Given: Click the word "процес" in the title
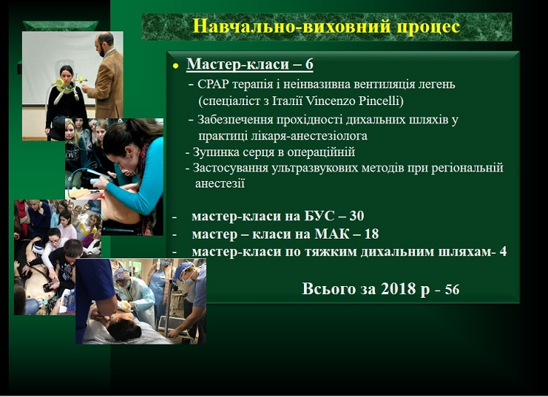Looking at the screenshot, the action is click(427, 26).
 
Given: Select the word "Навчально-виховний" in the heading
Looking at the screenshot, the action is click(291, 26).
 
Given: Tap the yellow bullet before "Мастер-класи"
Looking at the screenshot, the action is click(175, 66).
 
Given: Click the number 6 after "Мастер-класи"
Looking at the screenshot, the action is click(309, 64).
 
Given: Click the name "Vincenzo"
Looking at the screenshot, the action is click(330, 101).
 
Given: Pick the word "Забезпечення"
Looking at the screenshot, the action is click(235, 120).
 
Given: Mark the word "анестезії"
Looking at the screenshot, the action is click(219, 183).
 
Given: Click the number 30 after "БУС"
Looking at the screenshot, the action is click(357, 216).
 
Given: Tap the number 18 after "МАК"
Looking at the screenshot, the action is click(371, 234).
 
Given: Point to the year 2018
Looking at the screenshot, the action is click(398, 289).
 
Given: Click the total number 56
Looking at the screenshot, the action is click(452, 290).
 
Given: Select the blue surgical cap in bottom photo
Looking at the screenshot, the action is click(183, 269).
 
